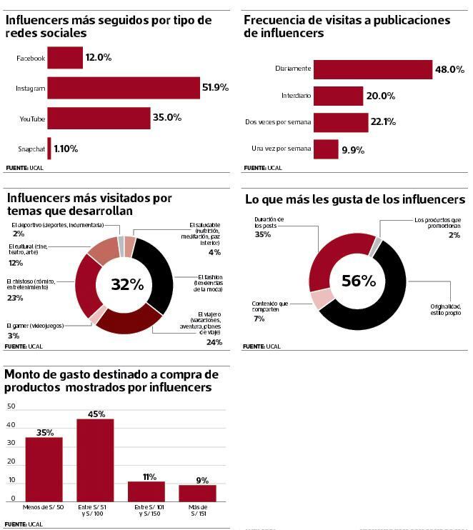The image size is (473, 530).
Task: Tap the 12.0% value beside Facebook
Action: click(99, 57)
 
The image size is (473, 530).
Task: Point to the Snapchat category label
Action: click(31, 149)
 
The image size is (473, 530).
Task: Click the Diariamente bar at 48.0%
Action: click(372, 69)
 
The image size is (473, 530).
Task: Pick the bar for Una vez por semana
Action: click(326, 149)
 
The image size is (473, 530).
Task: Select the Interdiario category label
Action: click(297, 96)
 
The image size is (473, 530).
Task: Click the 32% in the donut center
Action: click(127, 284)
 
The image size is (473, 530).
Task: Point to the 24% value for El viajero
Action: click(214, 342)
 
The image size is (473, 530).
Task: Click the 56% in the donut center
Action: click(358, 281)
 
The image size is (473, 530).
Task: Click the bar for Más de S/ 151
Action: click(197, 494)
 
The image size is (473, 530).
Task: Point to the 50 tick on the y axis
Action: click(10, 406)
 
